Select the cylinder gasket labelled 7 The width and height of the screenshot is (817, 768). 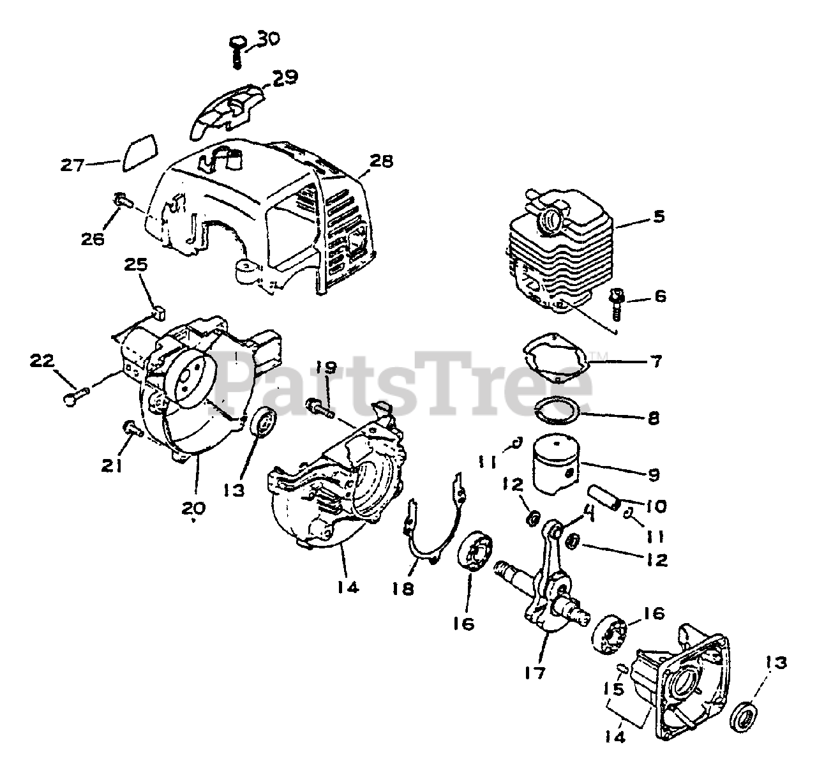[x=553, y=361]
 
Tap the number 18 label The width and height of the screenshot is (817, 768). [x=404, y=587]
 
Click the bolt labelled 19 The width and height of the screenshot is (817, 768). [x=320, y=407]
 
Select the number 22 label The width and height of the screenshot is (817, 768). [x=43, y=361]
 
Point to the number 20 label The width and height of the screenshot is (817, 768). [x=194, y=508]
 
